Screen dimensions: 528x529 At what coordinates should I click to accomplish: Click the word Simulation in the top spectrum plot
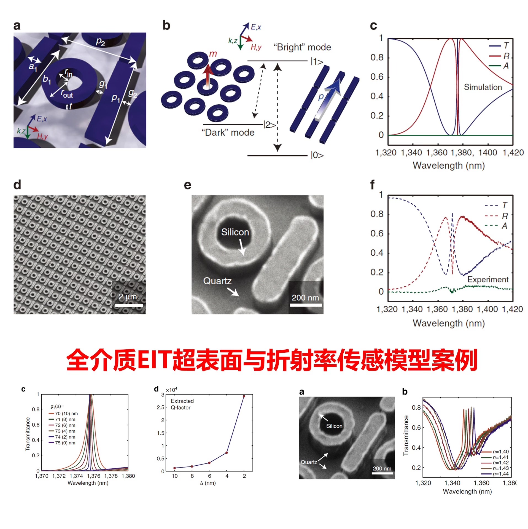coord(483,87)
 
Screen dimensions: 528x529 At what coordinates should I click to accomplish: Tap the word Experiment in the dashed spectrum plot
coord(488,279)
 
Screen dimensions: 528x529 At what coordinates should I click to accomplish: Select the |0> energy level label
coord(317,155)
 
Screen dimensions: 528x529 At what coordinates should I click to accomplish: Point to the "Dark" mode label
coord(228,133)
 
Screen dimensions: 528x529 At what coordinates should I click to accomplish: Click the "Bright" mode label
coord(302,47)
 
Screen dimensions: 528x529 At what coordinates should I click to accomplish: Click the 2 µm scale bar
coord(129,305)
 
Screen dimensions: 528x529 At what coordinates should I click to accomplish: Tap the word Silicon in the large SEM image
coord(235,232)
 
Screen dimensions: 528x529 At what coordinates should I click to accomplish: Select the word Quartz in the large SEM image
coord(217,281)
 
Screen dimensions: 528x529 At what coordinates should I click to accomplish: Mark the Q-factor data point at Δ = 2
coord(244,396)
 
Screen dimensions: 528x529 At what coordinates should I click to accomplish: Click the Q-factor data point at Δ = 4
coord(227,453)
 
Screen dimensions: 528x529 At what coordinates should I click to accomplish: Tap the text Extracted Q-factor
coord(182,404)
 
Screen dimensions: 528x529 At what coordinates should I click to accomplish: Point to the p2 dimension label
coord(101,42)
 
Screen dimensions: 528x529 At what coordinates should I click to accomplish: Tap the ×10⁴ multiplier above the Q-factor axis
coord(171,390)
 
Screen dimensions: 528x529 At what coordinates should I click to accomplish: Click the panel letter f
coord(372,185)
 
